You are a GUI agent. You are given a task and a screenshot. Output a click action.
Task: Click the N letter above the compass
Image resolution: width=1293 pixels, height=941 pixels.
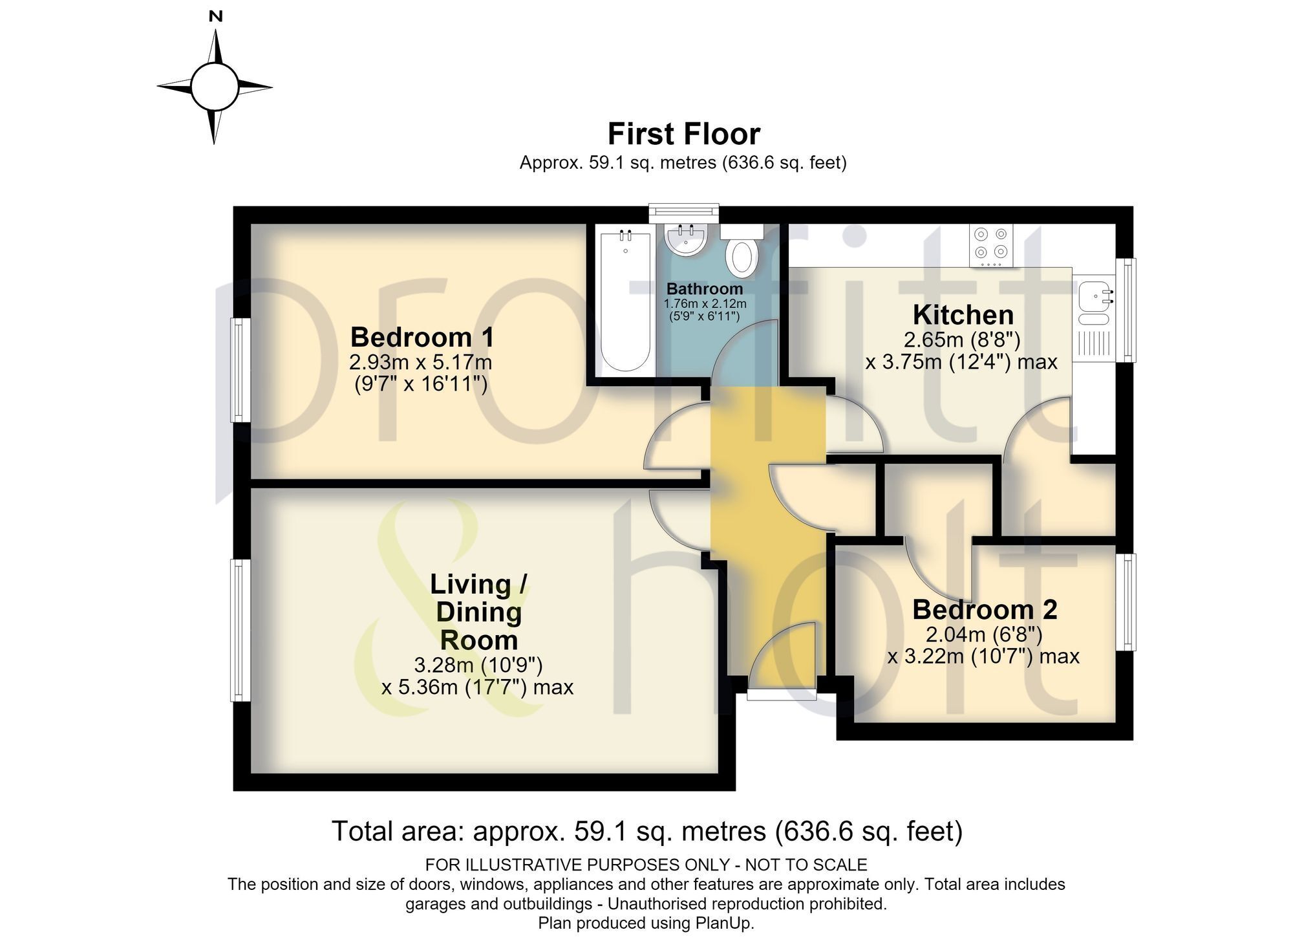point(216,17)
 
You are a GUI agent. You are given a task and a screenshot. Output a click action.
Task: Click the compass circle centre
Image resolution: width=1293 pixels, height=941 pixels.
point(215,87)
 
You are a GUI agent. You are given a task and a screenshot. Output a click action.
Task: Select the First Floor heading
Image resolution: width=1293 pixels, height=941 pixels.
point(683,135)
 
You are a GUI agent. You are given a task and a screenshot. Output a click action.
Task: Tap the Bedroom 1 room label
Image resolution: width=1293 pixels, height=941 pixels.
point(422,337)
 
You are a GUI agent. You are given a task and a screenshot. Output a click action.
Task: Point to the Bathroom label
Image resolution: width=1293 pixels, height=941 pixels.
point(705,288)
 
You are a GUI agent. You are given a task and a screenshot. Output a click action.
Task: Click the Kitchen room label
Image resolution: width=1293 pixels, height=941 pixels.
point(963,315)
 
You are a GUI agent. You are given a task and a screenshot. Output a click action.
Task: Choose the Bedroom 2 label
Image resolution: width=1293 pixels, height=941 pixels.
point(985,609)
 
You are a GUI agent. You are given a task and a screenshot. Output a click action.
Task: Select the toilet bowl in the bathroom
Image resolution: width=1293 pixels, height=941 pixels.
point(742,255)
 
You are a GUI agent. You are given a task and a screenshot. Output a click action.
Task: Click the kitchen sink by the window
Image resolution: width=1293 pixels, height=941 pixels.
point(1093,303)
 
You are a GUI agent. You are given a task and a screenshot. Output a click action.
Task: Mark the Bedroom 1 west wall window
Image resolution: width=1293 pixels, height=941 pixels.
point(240,369)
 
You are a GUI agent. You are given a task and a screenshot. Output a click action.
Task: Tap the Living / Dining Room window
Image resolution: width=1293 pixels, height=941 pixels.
point(240,630)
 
